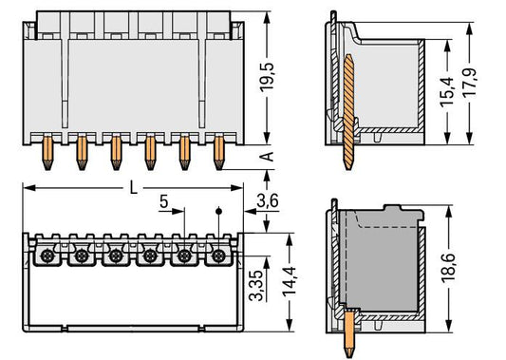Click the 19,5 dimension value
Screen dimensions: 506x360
click(x=267, y=77)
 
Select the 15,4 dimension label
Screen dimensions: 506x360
click(x=447, y=92)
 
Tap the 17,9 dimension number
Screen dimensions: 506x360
click(x=470, y=83)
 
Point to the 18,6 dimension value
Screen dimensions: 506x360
click(x=448, y=268)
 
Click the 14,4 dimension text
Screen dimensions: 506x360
click(x=290, y=280)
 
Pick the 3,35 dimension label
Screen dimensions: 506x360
click(x=257, y=285)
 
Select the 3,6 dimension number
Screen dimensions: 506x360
click(x=268, y=201)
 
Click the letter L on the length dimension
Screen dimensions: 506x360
click(x=133, y=187)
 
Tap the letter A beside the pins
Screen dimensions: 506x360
click(x=267, y=157)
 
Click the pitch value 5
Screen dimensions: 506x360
click(x=164, y=201)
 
